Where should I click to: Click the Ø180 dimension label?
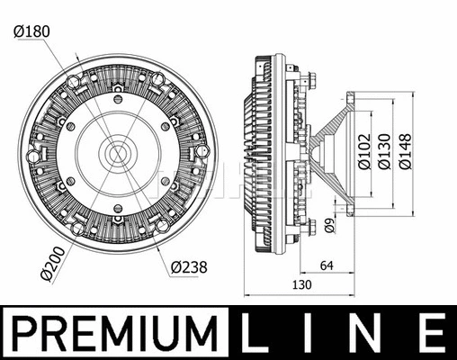[x=31, y=31]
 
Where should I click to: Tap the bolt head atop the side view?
[x=308, y=79]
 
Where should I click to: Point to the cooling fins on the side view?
[x=258, y=155]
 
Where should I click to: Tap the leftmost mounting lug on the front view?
[x=34, y=156]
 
